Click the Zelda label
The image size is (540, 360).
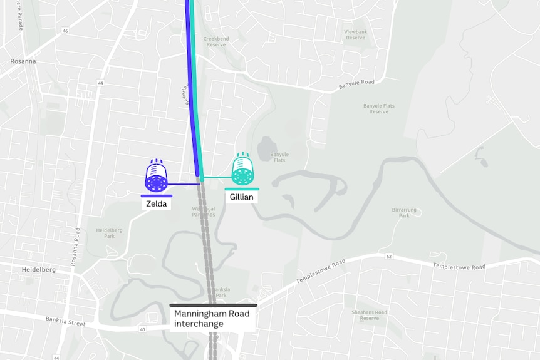click(156, 203)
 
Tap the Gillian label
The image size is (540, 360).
click(241, 197)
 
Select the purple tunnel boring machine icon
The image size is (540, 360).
click(156, 177)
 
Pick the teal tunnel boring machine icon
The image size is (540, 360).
click(242, 170)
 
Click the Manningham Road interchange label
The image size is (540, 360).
click(213, 318)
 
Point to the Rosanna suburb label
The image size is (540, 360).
click(23, 61)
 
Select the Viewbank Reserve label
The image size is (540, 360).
click(355, 34)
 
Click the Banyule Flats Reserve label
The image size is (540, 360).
click(378, 108)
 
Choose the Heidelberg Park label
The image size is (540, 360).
click(105, 233)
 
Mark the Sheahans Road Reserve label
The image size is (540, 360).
click(369, 315)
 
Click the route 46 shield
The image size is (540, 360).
click(65, 30)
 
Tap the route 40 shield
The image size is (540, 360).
click(142, 329)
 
